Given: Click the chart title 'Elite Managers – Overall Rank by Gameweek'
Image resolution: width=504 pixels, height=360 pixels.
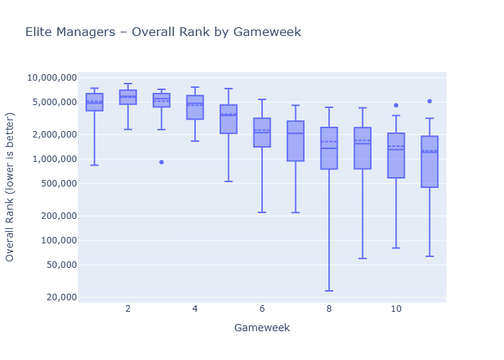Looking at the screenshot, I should (x=163, y=32).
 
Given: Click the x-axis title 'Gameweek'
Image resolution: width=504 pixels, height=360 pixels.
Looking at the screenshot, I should (x=262, y=328).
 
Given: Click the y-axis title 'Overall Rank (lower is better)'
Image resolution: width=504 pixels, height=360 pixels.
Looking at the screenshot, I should (x=11, y=186).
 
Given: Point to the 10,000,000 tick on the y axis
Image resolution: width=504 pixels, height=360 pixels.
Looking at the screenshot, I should (x=52, y=78).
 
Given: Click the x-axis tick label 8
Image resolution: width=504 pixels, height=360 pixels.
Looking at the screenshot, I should (x=329, y=309).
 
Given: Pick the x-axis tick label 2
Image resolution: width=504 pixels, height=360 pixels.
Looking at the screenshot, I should (x=128, y=309).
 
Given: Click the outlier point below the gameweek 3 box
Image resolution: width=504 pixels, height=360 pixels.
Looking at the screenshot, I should (x=161, y=162).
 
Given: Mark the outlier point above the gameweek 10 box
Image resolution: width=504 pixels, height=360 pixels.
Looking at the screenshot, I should (x=396, y=105).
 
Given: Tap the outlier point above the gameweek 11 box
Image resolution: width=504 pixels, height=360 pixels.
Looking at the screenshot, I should (x=430, y=102).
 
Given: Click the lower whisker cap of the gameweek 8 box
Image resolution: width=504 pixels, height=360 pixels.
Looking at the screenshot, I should (x=329, y=291).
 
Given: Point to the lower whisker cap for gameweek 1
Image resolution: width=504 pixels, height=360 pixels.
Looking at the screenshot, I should (x=94, y=166).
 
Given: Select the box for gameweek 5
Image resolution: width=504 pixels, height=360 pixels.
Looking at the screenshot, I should (x=228, y=120).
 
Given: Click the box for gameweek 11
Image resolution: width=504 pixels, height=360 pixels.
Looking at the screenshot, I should (x=430, y=162).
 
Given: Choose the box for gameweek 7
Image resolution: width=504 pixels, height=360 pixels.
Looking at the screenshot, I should (x=295, y=141).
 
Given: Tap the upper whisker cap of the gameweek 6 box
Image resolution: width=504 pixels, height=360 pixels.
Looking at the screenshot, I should (x=262, y=99).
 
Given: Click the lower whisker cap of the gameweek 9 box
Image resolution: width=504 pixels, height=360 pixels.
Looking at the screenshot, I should (x=363, y=258).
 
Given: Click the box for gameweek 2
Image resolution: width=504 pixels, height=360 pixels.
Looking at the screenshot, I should (x=128, y=97).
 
